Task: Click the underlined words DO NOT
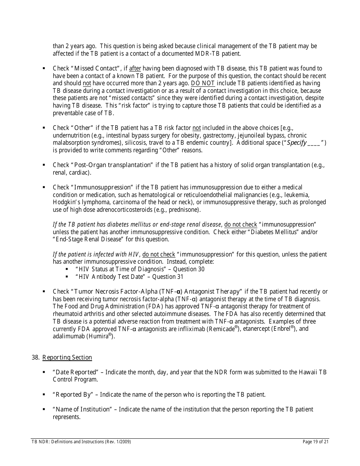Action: point(203,83)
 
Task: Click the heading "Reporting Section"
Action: point(67,358)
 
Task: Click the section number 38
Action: point(36,358)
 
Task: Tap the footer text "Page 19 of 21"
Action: point(316,442)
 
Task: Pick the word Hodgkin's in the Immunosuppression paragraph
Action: point(65,202)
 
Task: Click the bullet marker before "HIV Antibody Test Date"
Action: point(67,277)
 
